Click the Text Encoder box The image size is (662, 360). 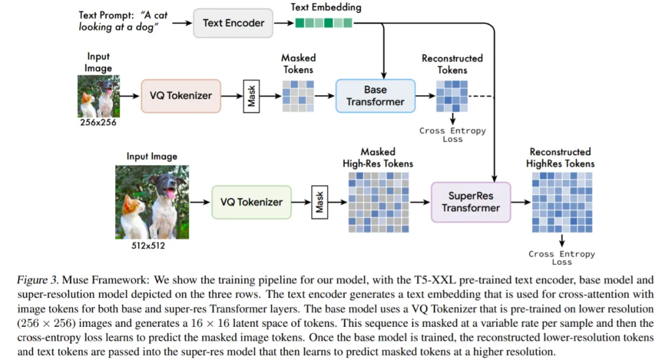point(234,23)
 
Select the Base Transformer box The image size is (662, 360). point(375,96)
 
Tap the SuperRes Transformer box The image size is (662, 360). point(471,202)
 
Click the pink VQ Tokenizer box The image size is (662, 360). point(181,95)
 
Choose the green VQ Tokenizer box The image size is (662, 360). point(251,202)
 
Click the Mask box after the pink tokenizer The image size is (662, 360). point(251,96)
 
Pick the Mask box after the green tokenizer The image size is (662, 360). point(319,202)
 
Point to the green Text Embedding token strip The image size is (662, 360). point(324,23)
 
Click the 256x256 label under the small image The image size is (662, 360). point(98,123)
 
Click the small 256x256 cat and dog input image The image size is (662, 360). point(98,96)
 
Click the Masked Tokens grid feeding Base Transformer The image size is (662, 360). point(298,96)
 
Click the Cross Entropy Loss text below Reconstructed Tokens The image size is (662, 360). point(452,134)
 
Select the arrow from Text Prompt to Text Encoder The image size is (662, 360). point(180,23)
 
